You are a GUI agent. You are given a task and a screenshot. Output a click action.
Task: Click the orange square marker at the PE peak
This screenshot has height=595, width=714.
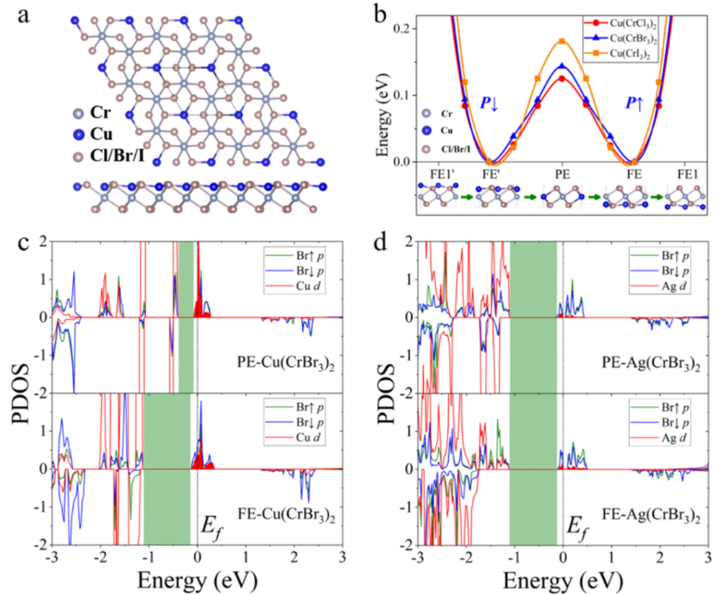(562, 41)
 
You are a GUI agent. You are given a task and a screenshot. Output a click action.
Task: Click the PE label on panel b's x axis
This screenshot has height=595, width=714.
(562, 174)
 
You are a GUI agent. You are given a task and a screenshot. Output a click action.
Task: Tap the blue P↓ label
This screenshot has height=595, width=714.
(489, 105)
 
